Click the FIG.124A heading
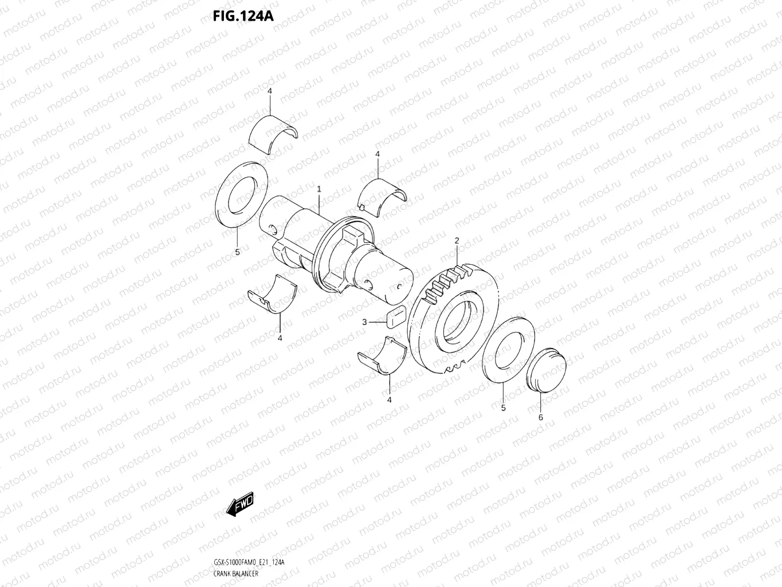243,15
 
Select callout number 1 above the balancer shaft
319,189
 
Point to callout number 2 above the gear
457,241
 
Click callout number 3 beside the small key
364,322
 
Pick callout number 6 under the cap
540,417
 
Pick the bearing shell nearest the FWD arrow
272,294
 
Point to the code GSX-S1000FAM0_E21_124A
249,563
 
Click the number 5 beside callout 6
503,408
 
